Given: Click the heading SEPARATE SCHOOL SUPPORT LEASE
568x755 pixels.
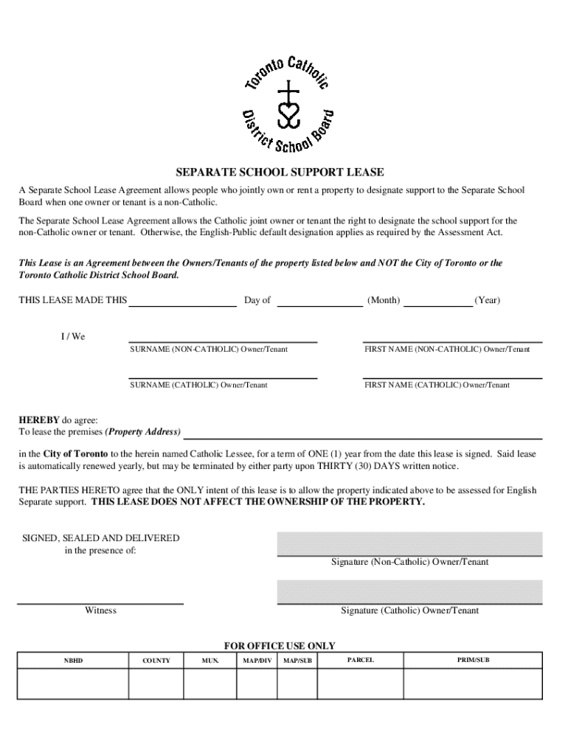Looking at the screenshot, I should click(284, 173).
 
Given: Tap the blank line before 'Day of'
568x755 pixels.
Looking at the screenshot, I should click(182, 300).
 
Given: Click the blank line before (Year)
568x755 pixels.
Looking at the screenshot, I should click(438, 300).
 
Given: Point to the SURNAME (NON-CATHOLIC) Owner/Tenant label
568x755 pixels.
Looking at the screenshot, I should click(209, 349).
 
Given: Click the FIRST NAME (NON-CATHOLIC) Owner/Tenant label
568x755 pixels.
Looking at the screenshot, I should click(446, 349).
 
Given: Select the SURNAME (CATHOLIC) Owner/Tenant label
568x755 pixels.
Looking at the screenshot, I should click(198, 385).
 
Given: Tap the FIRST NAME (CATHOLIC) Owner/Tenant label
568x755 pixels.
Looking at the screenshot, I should click(436, 385).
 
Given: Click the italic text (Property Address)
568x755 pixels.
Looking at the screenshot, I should click(143, 431).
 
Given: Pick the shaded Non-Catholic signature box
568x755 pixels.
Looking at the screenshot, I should click(409, 543).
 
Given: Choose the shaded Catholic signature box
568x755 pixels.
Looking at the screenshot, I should click(409, 591).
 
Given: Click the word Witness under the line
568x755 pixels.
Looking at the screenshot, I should click(100, 610).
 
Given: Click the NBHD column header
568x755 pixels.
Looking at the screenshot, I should click(73, 661).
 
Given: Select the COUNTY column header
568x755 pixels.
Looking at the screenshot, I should click(156, 661).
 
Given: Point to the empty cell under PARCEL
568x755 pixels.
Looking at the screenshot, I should click(360, 683).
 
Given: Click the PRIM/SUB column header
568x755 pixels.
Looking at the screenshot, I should click(473, 660).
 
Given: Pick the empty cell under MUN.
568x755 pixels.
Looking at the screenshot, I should click(210, 683).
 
